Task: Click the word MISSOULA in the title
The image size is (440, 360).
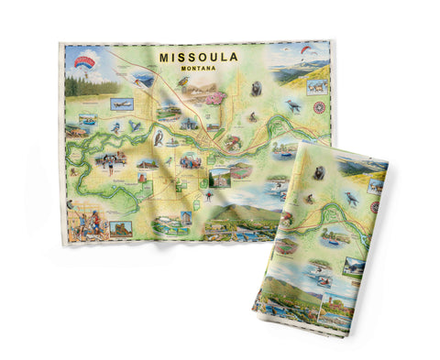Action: click(x=198, y=56)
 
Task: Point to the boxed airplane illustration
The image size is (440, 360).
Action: click(x=121, y=104)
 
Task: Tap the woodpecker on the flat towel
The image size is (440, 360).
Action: click(x=293, y=106)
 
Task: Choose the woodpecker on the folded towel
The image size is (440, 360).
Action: click(x=352, y=197)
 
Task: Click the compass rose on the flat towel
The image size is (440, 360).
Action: click(x=319, y=108)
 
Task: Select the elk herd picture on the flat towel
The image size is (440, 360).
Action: click(x=317, y=87)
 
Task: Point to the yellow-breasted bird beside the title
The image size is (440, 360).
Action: click(x=183, y=84)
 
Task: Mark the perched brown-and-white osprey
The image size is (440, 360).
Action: click(x=159, y=137)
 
